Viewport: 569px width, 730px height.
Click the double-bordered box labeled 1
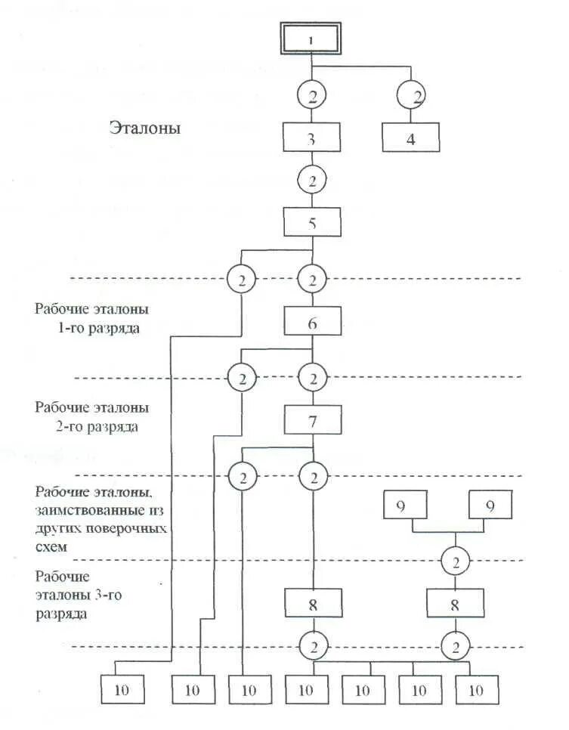pos(312,38)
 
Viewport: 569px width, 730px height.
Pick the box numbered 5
pos(312,223)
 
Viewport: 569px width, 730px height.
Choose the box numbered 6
pos(312,322)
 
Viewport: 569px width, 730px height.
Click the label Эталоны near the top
pos(144,128)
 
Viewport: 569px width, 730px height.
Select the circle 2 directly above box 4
pos(410,96)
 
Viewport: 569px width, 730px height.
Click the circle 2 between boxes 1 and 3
pos(312,96)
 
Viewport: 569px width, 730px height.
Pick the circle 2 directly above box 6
pos(312,280)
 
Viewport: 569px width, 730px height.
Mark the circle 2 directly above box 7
pos(312,378)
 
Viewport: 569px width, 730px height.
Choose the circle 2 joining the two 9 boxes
pos(456,561)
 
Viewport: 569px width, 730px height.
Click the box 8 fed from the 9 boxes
pos(456,603)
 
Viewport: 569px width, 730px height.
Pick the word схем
pos(49,544)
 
